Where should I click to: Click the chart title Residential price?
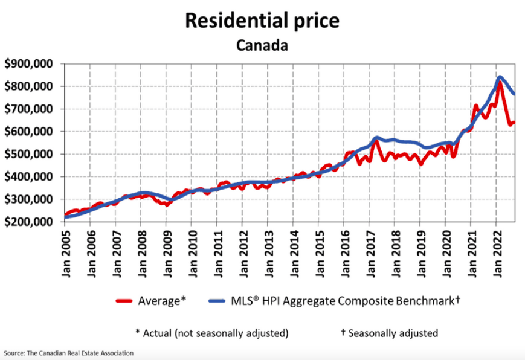pyautogui.click(x=262, y=21)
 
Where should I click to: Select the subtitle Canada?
pyautogui.click(x=262, y=45)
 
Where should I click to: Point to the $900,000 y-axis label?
pyautogui.click(x=28, y=64)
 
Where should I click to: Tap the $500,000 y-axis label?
pyautogui.click(x=28, y=154)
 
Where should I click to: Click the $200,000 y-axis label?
pyautogui.click(x=28, y=222)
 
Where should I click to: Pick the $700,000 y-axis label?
pyautogui.click(x=28, y=109)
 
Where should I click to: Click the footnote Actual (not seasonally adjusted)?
pyautogui.click(x=211, y=333)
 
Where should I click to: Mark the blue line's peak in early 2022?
pyautogui.click(x=500, y=77)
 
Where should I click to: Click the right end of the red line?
pyautogui.click(x=514, y=123)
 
